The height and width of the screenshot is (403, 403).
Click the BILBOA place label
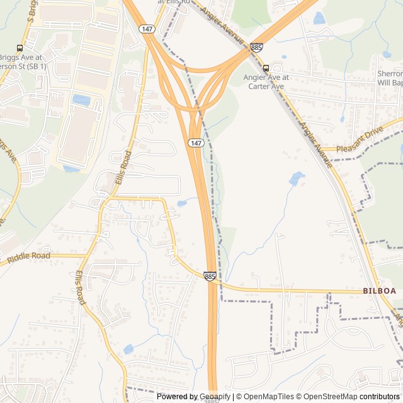[x=379, y=291]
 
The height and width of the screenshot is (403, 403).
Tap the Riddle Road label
[x=28, y=258]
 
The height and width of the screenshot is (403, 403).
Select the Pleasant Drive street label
[x=360, y=149]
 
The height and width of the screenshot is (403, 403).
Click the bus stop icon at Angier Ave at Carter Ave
[x=266, y=68]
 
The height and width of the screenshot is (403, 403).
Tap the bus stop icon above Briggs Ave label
[x=20, y=47]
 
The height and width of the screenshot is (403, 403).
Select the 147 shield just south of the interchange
[x=196, y=144]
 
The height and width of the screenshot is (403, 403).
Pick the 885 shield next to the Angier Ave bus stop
[x=256, y=47]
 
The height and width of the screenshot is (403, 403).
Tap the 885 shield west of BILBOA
[x=210, y=276]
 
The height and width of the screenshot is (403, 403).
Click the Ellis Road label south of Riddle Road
[x=80, y=288]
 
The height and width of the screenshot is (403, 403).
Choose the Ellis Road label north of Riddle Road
[x=123, y=168]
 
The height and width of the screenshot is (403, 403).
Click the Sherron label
[x=390, y=74]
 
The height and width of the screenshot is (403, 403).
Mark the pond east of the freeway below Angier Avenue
[x=296, y=178]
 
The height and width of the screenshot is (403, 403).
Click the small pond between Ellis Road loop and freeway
[x=182, y=203]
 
